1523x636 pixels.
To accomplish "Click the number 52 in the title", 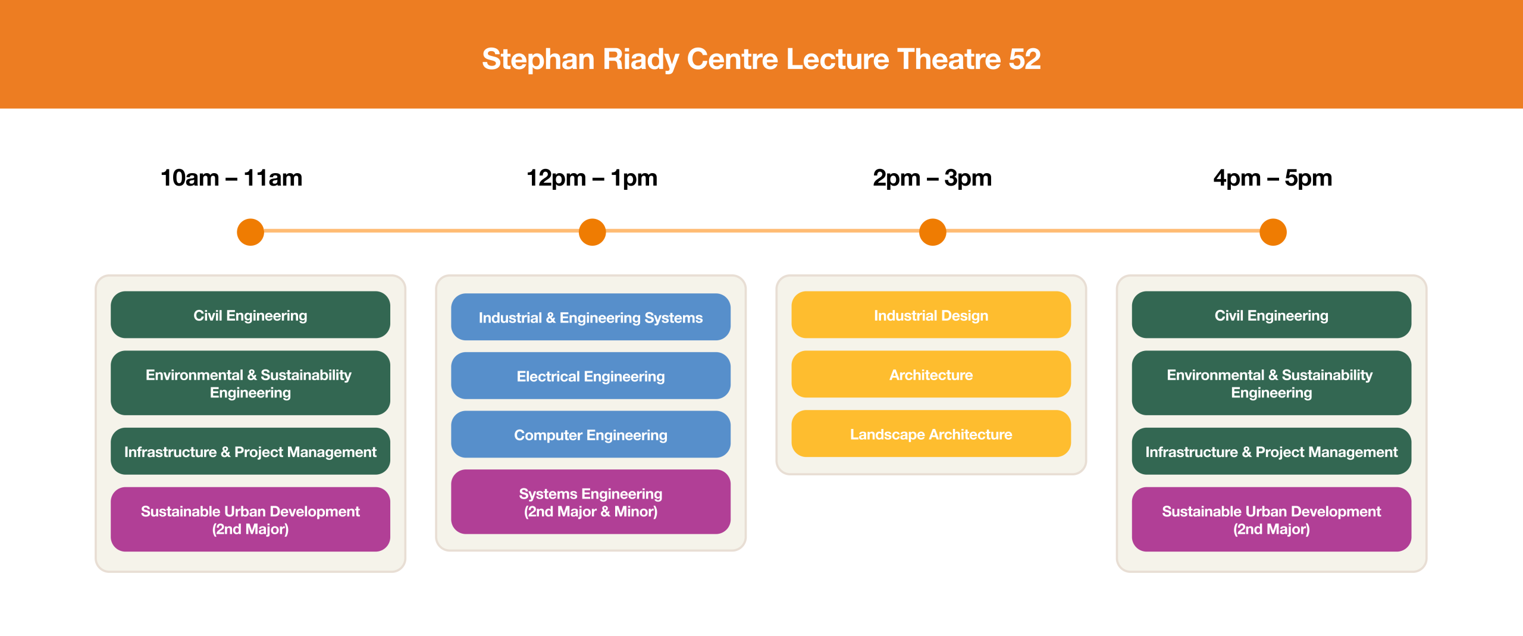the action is click(1024, 59).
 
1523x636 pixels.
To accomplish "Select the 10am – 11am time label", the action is click(231, 178).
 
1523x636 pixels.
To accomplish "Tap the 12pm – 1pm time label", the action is click(592, 178).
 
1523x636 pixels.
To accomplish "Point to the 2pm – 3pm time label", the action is click(932, 178).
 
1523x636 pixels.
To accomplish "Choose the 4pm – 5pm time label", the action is click(1273, 178).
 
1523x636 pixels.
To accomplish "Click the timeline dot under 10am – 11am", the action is click(250, 232).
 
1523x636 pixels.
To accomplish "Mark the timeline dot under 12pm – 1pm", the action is click(592, 232).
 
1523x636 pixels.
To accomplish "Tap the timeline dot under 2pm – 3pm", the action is click(932, 232).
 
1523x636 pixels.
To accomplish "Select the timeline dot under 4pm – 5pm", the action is click(1273, 232).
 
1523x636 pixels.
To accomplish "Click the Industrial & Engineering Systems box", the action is click(591, 317).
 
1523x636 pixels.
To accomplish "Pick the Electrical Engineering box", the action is click(591, 376).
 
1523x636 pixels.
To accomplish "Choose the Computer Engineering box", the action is click(591, 434).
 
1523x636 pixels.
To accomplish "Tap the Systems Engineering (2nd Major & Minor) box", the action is click(591, 502).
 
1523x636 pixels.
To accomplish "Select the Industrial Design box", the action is click(931, 315).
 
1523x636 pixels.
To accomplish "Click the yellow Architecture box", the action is click(931, 374).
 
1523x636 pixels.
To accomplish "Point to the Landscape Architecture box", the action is click(931, 434).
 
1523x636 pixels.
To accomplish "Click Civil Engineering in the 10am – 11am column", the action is click(250, 315).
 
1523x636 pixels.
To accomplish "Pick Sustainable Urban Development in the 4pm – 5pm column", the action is click(1271, 519).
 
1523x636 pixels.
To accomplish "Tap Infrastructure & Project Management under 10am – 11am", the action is click(250, 451).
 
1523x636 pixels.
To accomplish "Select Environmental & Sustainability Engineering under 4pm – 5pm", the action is click(1271, 383).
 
